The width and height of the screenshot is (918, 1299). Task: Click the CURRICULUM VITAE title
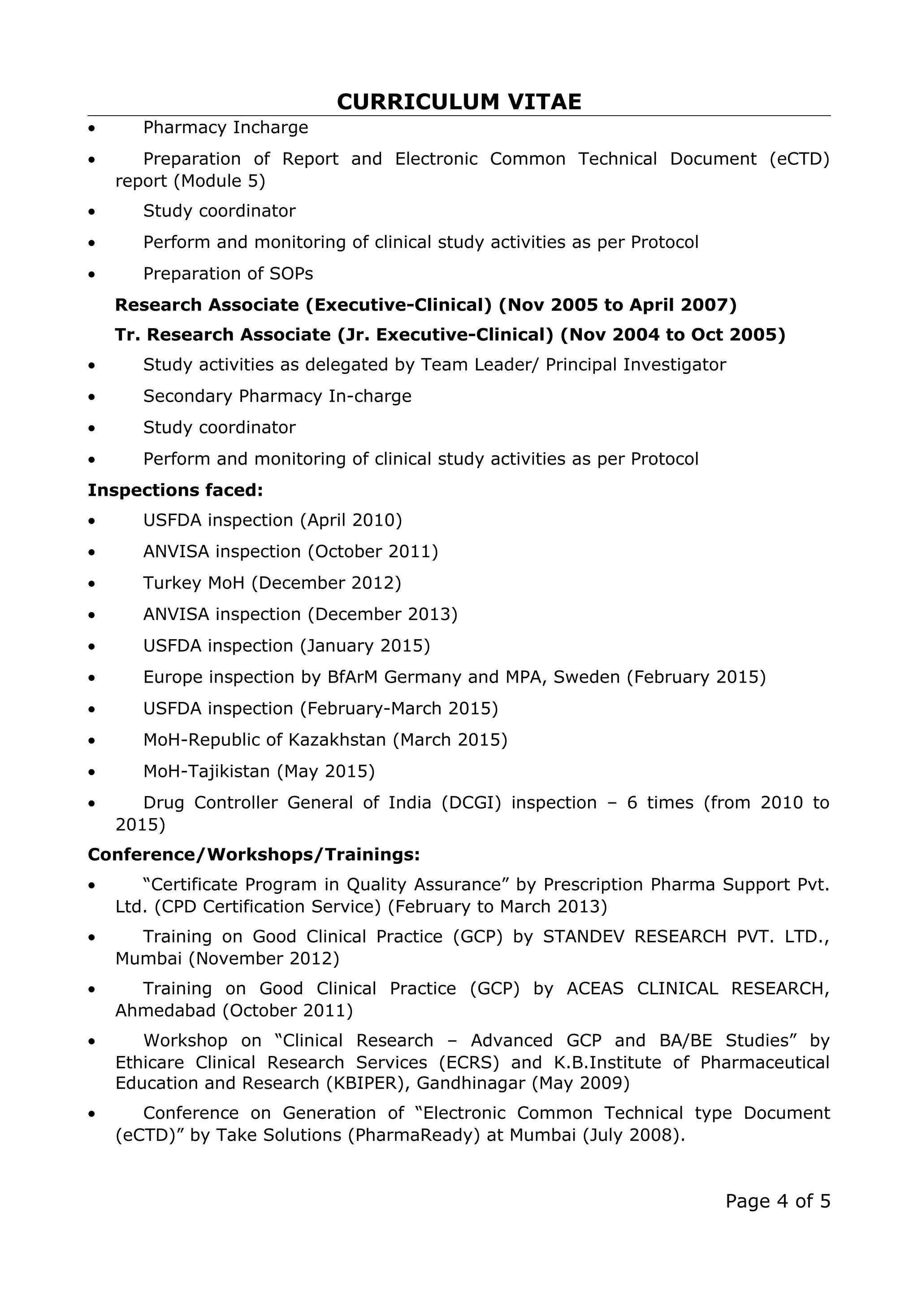coord(459,102)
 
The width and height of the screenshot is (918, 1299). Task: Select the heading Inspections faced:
coord(175,490)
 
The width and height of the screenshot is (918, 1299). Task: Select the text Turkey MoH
coord(194,583)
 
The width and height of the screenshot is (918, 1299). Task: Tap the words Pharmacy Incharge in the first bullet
coord(225,127)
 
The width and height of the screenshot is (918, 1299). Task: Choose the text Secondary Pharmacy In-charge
coord(277,396)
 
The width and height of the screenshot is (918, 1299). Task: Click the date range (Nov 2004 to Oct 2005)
coord(672,335)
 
